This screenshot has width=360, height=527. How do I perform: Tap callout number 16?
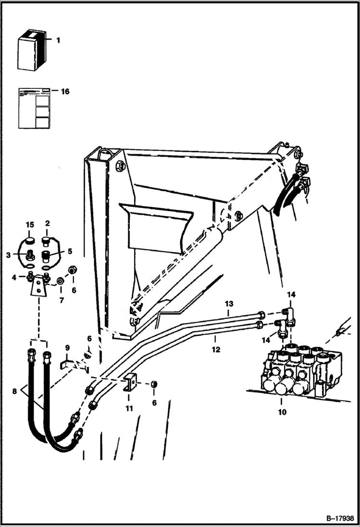[64, 91]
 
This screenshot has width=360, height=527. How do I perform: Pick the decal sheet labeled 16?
[34, 108]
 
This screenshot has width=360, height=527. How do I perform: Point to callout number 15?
[30, 225]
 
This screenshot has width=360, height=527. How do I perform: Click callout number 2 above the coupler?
[48, 224]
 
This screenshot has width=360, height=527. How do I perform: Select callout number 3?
[9, 255]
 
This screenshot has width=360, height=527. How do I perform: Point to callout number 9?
[67, 347]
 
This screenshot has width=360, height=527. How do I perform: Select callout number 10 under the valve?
[282, 412]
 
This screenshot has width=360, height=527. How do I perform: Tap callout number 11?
[129, 409]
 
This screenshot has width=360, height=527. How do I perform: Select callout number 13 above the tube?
[229, 304]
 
